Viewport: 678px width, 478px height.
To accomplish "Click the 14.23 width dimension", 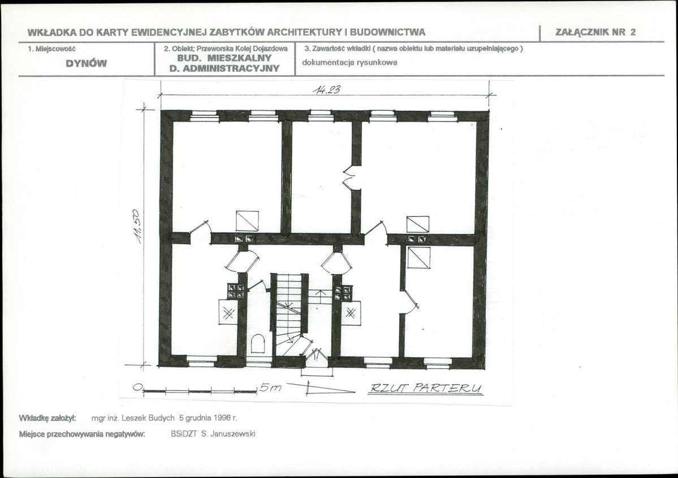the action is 327,89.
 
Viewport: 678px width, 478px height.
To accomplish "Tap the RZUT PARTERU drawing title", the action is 425,388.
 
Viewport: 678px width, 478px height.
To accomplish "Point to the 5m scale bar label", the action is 270,388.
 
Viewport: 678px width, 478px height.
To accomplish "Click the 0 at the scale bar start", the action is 137,387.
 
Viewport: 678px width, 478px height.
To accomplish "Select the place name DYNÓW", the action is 86,63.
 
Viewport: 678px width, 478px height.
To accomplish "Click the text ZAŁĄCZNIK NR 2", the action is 595,32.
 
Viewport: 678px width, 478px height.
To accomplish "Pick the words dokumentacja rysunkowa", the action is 349,62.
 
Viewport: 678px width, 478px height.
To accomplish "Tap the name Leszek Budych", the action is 148,418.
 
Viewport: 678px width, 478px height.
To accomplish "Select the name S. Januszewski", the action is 228,433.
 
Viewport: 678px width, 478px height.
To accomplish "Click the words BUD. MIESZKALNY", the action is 224,58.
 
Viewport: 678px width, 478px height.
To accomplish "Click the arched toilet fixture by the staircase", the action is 258,344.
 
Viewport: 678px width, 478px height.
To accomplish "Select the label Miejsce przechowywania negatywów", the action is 82,434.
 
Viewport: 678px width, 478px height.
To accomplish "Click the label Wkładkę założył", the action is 47,418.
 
